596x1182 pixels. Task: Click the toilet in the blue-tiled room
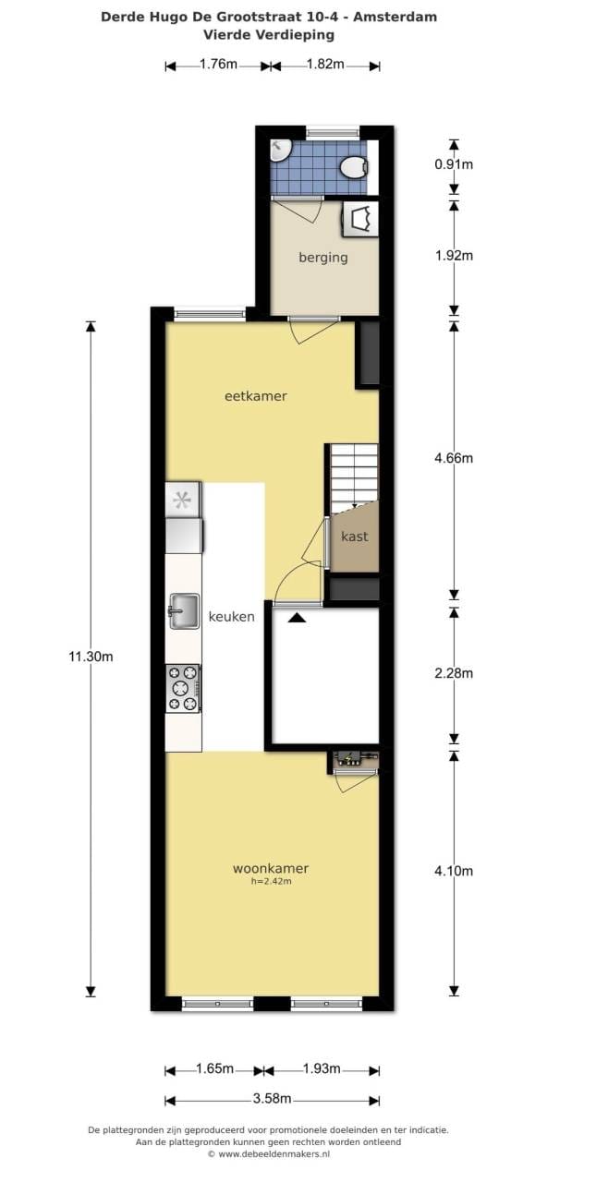(353, 167)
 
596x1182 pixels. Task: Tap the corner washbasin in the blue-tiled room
(278, 150)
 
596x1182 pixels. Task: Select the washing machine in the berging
(360, 219)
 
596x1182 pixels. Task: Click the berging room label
(323, 258)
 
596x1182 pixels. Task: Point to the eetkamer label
(256, 396)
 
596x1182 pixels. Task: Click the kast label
(354, 537)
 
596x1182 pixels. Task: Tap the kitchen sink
(184, 611)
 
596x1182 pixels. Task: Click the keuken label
(231, 616)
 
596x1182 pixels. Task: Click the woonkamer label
(271, 868)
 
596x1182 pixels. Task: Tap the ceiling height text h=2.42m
(272, 881)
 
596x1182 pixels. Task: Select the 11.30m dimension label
(91, 657)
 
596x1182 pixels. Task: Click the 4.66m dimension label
(454, 458)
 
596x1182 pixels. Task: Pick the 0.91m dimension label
(454, 164)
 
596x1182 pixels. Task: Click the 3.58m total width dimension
(272, 1099)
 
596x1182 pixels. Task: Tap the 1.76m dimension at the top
(218, 65)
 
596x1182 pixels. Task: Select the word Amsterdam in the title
(395, 17)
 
